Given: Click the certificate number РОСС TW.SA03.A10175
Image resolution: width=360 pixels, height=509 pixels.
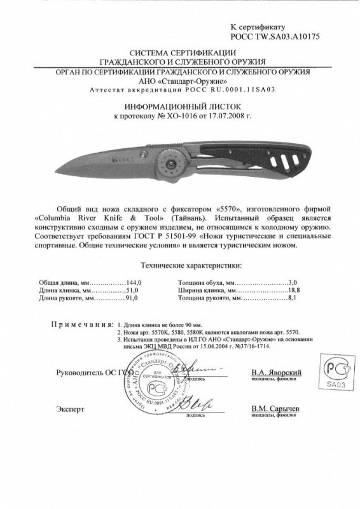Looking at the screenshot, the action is point(274,38).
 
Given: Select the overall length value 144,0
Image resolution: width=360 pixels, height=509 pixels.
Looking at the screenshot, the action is point(131,281).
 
